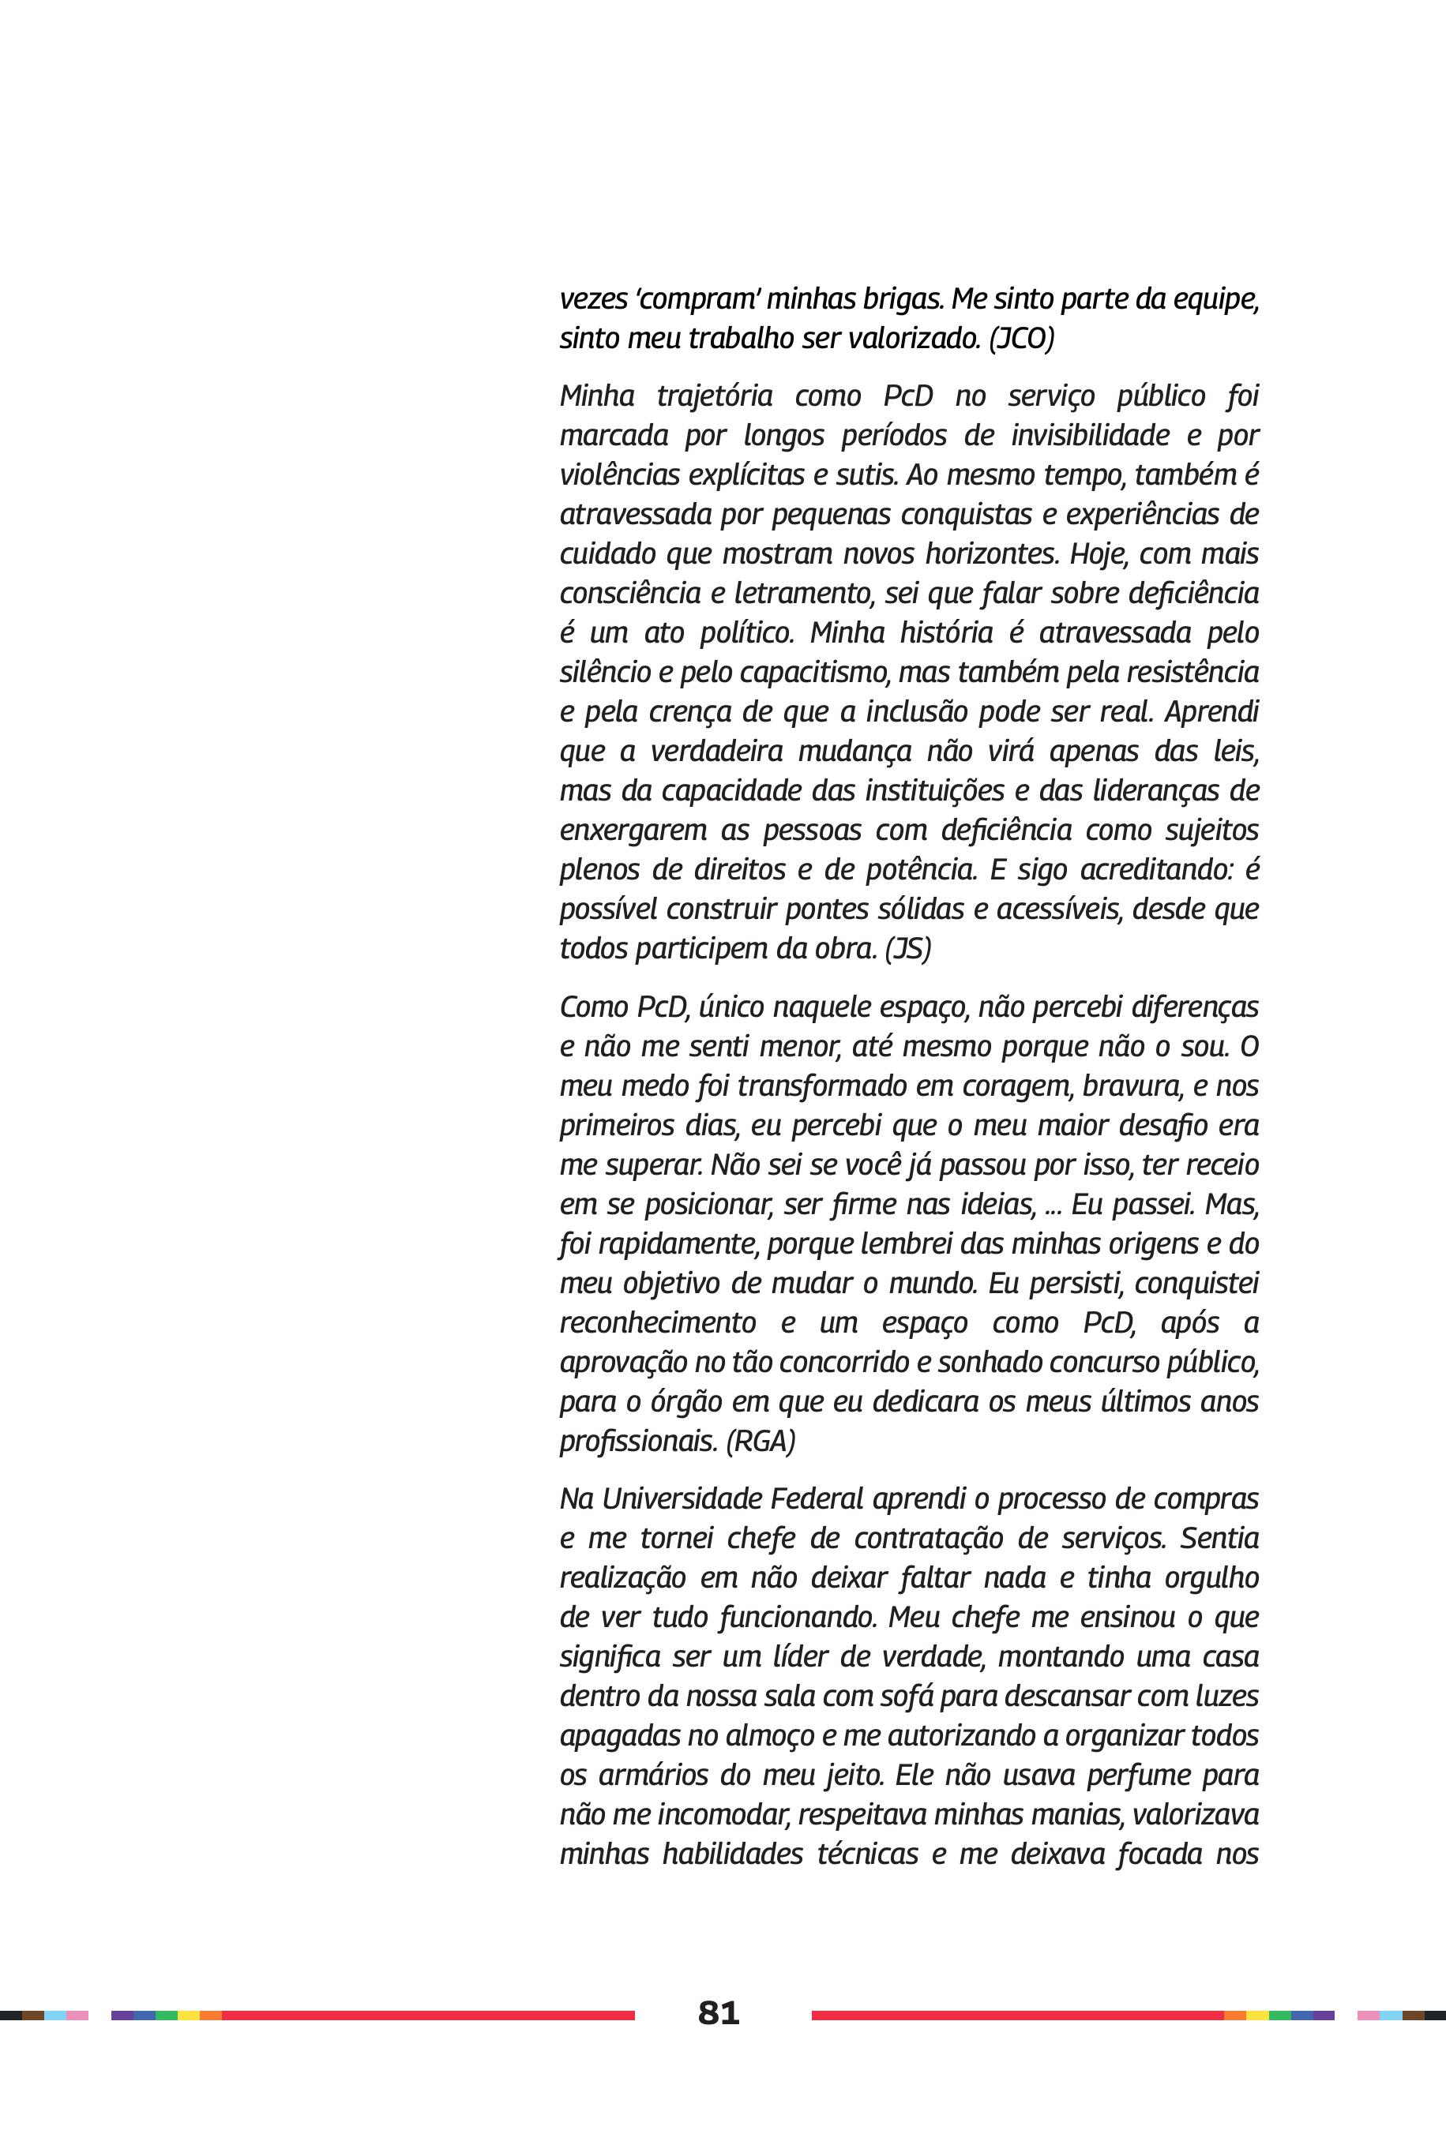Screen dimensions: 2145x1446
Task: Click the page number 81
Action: pyautogui.click(x=719, y=2012)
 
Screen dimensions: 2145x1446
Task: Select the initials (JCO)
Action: pyautogui.click(x=1021, y=339)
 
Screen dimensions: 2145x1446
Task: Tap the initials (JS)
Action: pyautogui.click(x=907, y=948)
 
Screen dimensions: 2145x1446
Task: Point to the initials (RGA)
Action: pyautogui.click(x=760, y=1441)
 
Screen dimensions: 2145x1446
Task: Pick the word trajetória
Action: pyautogui.click(x=714, y=396)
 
